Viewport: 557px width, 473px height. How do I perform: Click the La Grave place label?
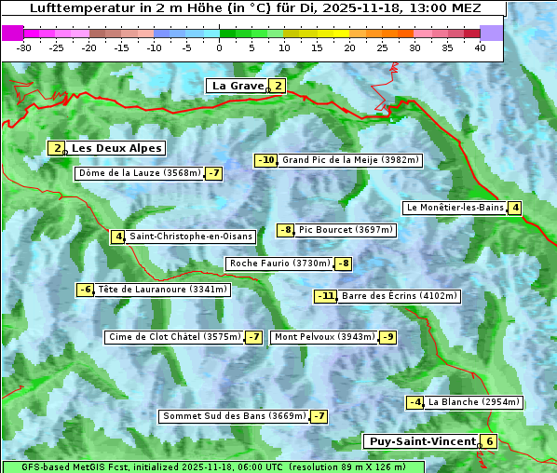[x=238, y=86]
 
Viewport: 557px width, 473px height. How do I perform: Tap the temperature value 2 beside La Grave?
[x=278, y=86]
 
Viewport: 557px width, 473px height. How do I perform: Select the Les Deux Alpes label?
[x=116, y=148]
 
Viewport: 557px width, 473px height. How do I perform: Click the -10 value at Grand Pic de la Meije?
[x=266, y=160]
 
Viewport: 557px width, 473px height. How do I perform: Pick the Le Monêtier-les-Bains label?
[x=454, y=208]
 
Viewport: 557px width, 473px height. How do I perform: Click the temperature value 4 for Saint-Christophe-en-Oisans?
[x=117, y=236]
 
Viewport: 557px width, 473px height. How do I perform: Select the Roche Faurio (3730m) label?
[x=279, y=264]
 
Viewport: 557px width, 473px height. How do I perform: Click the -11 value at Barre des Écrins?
[x=325, y=296]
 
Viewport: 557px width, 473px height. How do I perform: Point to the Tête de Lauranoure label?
[x=162, y=290]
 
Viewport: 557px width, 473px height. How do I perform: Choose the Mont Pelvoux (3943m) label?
[x=324, y=337]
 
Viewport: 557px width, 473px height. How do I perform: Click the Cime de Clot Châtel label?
[x=174, y=337]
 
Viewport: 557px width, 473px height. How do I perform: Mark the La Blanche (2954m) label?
[x=473, y=402]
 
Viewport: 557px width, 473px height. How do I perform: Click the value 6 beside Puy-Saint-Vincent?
[x=490, y=441]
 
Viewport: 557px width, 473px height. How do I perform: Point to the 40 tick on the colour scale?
[x=480, y=47]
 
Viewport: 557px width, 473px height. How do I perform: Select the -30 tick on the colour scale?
[x=24, y=47]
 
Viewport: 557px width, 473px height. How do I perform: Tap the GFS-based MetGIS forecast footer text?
[x=213, y=466]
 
